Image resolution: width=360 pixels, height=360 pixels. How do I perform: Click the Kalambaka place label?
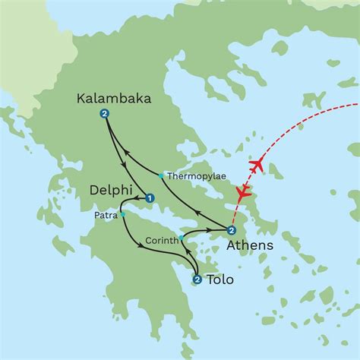(114, 98)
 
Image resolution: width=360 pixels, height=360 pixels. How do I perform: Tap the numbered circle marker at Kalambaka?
(103, 115)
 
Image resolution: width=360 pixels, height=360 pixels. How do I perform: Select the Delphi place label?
(110, 190)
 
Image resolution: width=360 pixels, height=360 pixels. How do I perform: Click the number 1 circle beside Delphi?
(150, 199)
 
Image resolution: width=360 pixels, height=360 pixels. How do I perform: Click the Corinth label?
(161, 242)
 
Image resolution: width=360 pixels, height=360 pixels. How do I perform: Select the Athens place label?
(250, 248)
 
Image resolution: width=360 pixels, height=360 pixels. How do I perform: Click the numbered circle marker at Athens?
(232, 231)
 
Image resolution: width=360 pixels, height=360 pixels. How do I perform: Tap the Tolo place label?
(221, 282)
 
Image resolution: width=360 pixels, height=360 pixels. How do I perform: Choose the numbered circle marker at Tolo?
(197, 280)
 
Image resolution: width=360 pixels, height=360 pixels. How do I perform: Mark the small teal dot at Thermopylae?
(161, 175)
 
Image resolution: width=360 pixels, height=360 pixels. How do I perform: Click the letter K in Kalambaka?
(82, 99)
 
